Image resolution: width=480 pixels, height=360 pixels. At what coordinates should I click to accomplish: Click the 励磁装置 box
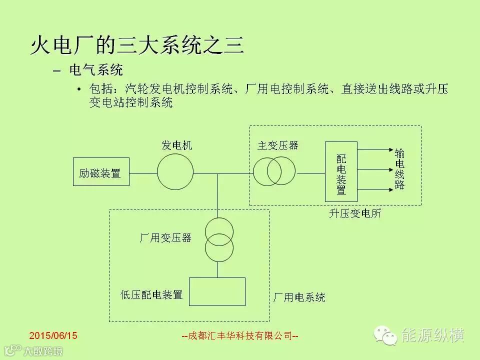point(100,172)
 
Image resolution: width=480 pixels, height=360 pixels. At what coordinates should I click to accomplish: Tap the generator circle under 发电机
point(175,172)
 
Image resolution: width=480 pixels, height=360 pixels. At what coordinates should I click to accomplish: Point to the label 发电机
point(176,145)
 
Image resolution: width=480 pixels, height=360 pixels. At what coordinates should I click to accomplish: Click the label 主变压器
point(278,145)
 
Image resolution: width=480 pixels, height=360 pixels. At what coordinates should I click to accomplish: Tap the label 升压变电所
point(355,213)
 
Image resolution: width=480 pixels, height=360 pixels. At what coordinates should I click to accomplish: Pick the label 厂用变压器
point(165,237)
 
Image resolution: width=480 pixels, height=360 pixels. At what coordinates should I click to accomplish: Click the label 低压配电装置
point(151,294)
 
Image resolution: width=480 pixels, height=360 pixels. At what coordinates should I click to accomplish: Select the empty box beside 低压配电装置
point(217,291)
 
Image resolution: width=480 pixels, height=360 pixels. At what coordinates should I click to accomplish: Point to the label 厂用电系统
point(299,297)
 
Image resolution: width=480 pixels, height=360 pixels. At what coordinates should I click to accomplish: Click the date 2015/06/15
point(53,335)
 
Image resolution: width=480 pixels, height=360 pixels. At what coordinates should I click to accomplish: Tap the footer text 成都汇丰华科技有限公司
point(239,336)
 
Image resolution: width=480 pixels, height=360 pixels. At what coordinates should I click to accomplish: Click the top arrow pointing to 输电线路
point(375,149)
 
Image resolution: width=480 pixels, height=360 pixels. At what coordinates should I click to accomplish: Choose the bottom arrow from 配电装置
point(375,189)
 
